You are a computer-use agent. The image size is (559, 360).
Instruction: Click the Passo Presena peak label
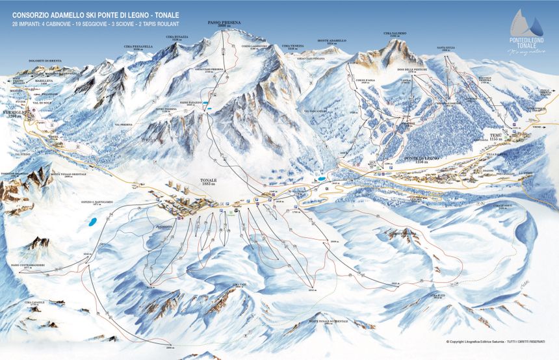tap(224, 23)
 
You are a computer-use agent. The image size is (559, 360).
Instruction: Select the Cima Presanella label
tap(138, 47)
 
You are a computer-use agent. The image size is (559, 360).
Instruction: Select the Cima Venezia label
tap(292, 46)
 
